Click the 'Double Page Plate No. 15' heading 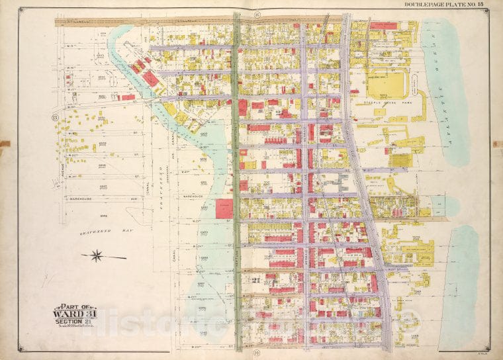pyautogui.click(x=445, y=5)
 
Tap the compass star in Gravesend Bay pyautogui.click(x=97, y=255)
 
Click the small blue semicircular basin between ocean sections pyautogui.click(x=437, y=206)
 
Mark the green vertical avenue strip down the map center pyautogui.click(x=236, y=179)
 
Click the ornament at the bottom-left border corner pyautogui.click(x=23, y=349)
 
